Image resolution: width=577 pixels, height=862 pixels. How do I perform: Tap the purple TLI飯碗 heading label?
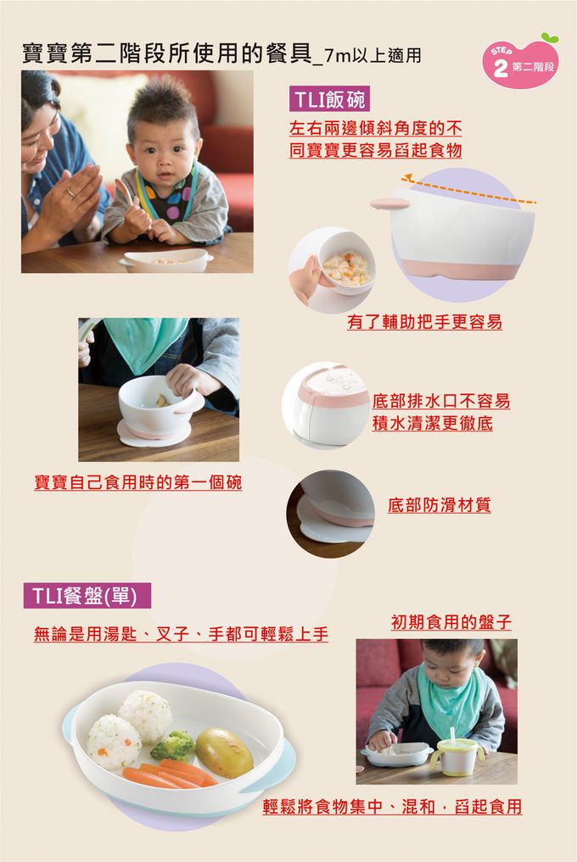(x=328, y=99)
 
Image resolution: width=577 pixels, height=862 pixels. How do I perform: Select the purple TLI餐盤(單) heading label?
(x=87, y=596)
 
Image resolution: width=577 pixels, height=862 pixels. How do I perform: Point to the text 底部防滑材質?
(x=439, y=506)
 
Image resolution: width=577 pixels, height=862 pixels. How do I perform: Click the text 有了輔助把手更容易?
(x=424, y=322)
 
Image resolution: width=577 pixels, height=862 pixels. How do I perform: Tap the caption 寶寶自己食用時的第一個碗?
(x=137, y=482)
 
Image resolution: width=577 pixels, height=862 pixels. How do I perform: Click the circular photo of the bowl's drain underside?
(x=326, y=404)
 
